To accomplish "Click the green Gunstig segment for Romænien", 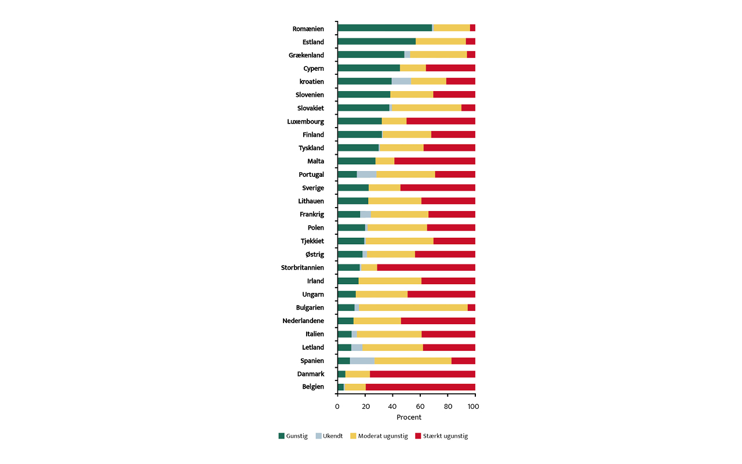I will click(x=384, y=28).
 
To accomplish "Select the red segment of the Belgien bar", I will click(x=420, y=387).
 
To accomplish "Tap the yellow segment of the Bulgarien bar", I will click(x=413, y=307).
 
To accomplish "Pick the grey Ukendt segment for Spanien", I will click(x=362, y=361).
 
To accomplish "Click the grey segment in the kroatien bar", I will click(x=401, y=81).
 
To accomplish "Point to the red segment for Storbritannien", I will click(x=426, y=267).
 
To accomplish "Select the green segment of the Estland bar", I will click(x=376, y=41).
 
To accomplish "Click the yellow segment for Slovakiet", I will click(x=426, y=108).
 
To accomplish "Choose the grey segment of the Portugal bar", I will click(x=366, y=174).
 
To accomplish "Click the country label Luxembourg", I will click(x=305, y=122).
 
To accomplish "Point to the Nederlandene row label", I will click(x=303, y=321).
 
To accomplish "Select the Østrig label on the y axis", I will click(x=315, y=255).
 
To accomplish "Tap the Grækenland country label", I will click(x=306, y=55).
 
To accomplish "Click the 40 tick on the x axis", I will click(x=392, y=407).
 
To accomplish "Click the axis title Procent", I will click(x=409, y=418).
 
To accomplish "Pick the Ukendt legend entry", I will click(x=332, y=436).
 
